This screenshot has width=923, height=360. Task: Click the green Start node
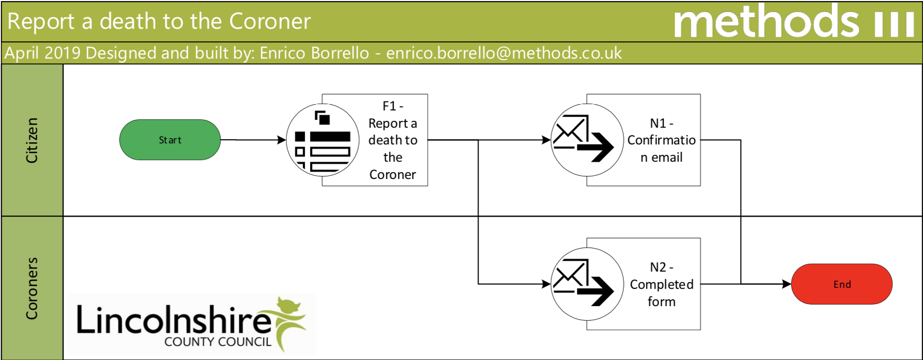170,140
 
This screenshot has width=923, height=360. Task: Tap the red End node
841,284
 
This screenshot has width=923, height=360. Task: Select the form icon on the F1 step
323,140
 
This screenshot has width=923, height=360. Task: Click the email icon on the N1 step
587,140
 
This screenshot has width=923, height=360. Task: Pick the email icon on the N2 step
587,284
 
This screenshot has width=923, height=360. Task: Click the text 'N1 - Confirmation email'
661,140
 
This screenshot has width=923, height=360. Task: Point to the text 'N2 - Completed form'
661,284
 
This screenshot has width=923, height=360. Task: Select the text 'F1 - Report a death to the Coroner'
392,140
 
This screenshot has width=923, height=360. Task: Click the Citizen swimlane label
32,140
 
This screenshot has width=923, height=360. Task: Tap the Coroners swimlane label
32,288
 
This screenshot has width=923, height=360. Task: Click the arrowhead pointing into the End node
786,284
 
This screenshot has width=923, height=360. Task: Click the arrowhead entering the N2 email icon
546,284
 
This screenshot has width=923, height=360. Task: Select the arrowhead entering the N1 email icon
546,140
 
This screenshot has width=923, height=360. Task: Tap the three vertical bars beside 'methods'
894,24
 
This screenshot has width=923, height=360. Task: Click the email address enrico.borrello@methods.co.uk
504,53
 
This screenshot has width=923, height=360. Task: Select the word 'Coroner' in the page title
270,21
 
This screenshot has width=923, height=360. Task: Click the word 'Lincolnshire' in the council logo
173,320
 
